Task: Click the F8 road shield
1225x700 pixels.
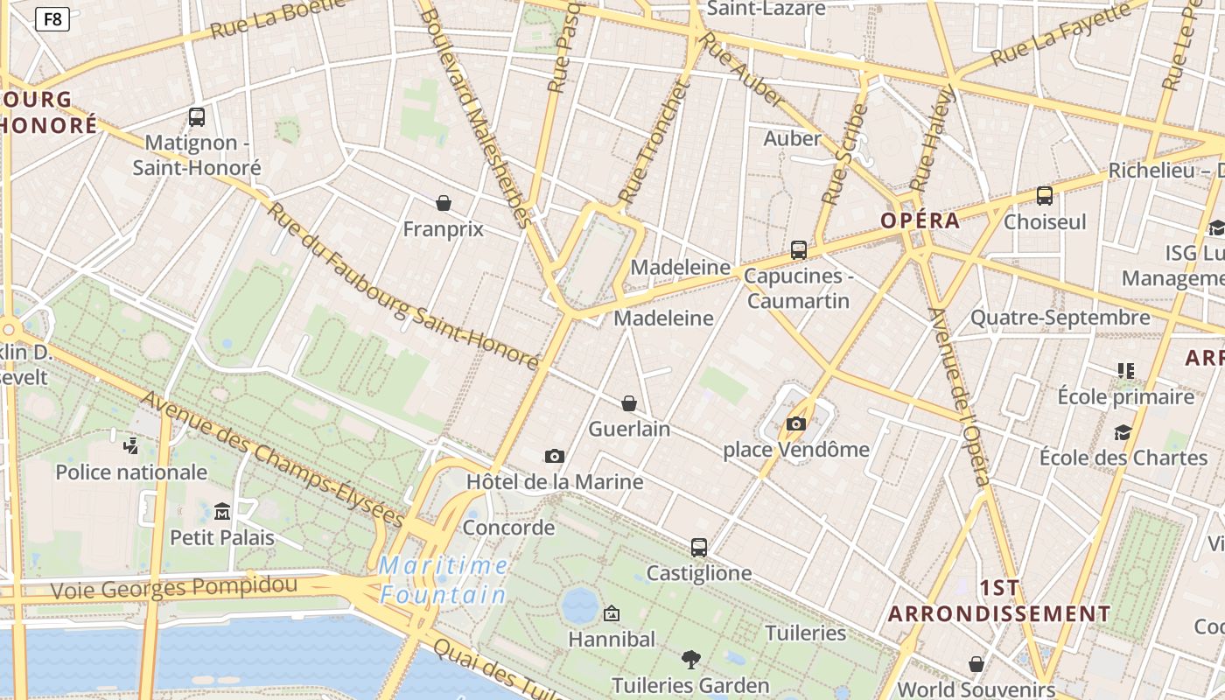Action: pyautogui.click(x=52, y=18)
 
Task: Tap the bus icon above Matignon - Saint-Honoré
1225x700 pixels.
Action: pyautogui.click(x=197, y=116)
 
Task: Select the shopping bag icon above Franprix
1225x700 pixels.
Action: pyautogui.click(x=444, y=203)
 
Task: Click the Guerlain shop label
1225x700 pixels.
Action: pyautogui.click(x=629, y=429)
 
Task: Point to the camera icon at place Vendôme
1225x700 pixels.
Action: pyautogui.click(x=795, y=424)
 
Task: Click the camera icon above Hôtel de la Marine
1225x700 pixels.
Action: pyautogui.click(x=554, y=456)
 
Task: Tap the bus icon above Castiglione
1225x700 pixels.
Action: pyautogui.click(x=698, y=548)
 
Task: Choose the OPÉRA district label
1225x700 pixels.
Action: pyautogui.click(x=920, y=220)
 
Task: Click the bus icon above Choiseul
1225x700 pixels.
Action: pyautogui.click(x=1044, y=196)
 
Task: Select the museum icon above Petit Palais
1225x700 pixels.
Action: pyautogui.click(x=222, y=511)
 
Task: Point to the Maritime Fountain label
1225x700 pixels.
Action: pyautogui.click(x=444, y=580)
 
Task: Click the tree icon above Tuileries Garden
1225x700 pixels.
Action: pyautogui.click(x=690, y=659)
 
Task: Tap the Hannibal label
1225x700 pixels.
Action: pyautogui.click(x=612, y=640)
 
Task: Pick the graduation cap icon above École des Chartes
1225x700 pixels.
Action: pyautogui.click(x=1123, y=432)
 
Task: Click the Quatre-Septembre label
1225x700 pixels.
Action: pyautogui.click(x=1060, y=318)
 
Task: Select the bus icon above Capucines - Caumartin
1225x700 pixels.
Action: pyautogui.click(x=798, y=250)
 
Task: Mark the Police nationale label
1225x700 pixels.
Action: pyautogui.click(x=131, y=472)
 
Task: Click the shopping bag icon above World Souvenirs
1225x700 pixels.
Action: pyautogui.click(x=976, y=664)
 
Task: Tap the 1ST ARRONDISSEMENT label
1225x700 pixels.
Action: pyautogui.click(x=999, y=600)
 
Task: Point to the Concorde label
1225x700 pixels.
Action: pyautogui.click(x=508, y=528)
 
